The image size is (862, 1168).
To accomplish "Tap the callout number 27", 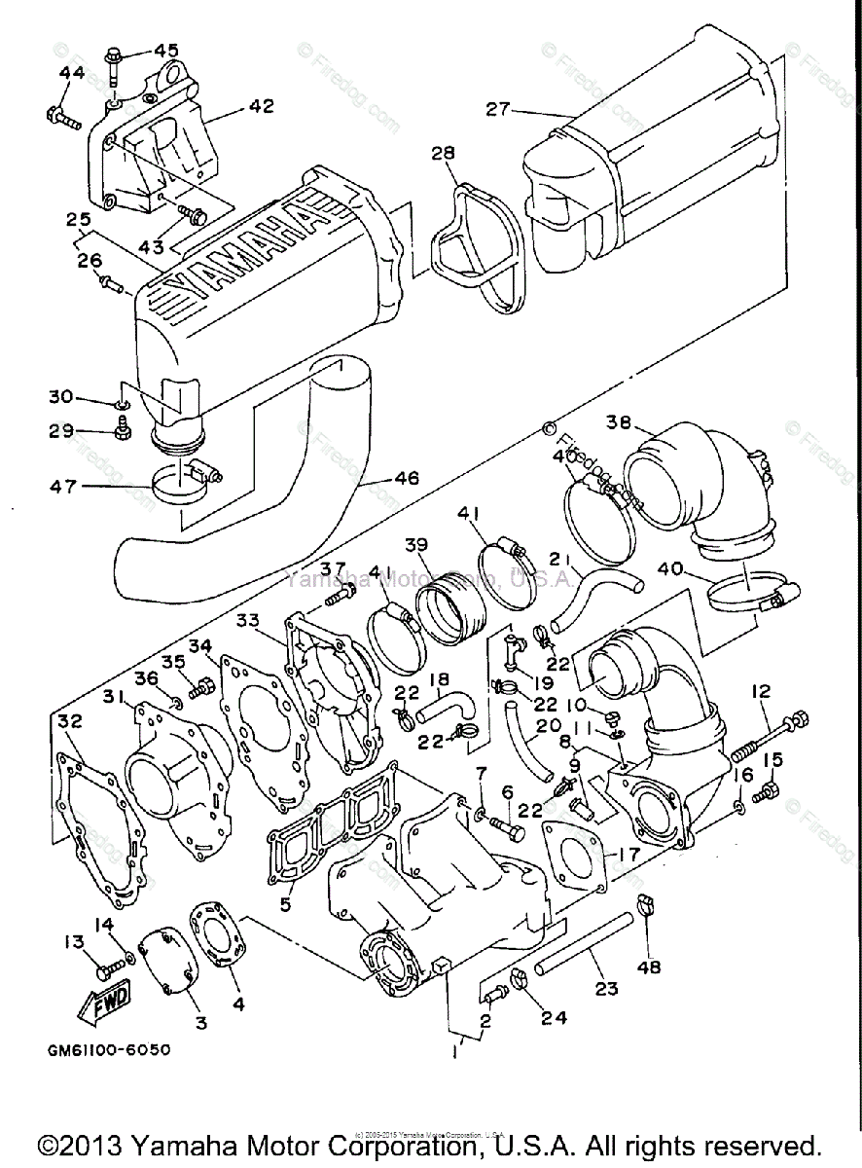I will point(498,109).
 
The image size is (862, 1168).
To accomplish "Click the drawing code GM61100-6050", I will point(107,1051).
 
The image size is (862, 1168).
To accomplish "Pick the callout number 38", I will point(619,422).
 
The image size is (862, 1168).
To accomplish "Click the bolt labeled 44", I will point(62,120).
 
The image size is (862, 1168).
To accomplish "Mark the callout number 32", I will point(68,721).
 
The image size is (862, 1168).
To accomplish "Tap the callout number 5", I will point(285,904).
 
